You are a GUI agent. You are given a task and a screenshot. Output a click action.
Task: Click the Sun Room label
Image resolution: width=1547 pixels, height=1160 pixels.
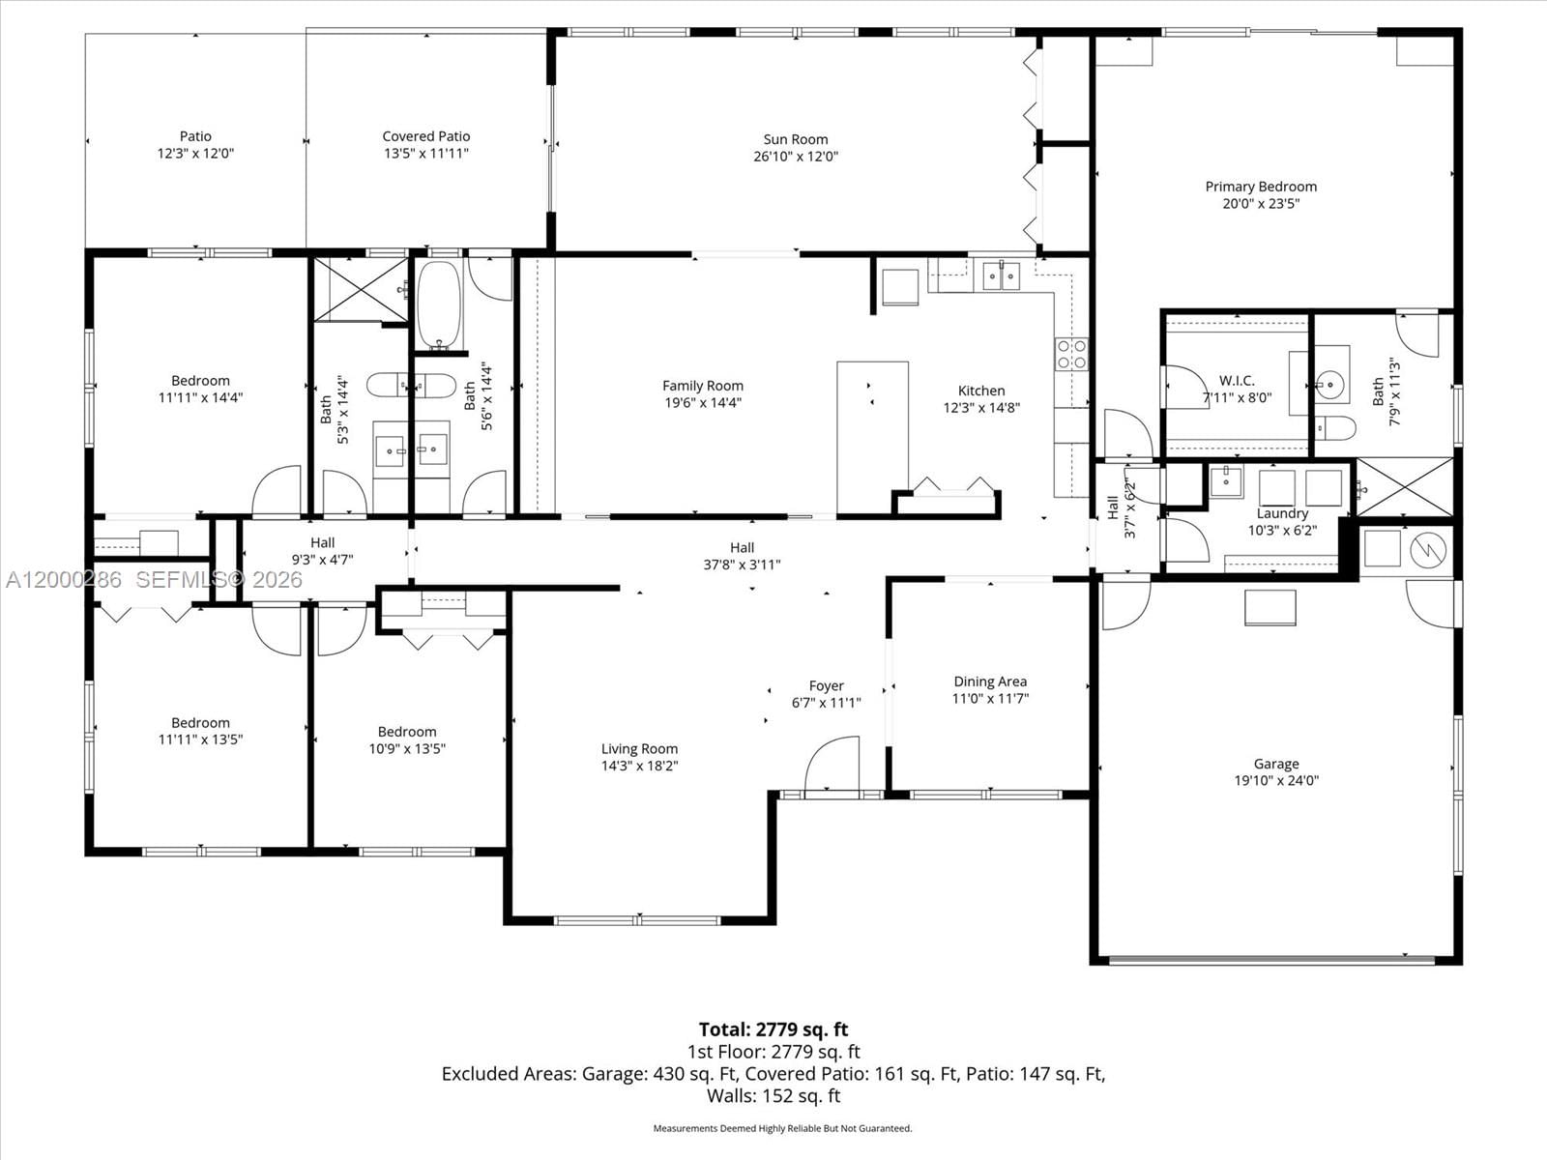click(x=795, y=139)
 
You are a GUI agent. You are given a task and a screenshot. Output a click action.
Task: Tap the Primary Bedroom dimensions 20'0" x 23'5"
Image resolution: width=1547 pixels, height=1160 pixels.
click(x=1261, y=204)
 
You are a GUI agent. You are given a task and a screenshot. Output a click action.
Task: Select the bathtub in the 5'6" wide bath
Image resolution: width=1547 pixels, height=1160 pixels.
click(x=440, y=304)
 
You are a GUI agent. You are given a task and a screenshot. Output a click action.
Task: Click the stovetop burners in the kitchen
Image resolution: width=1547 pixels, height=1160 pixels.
click(x=1070, y=354)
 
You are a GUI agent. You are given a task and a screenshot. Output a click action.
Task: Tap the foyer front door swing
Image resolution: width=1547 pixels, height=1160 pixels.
click(x=832, y=764)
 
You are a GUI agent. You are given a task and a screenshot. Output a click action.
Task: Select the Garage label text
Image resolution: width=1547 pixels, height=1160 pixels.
click(x=1276, y=764)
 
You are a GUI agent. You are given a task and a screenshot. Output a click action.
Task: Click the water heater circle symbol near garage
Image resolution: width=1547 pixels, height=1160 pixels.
click(x=1428, y=551)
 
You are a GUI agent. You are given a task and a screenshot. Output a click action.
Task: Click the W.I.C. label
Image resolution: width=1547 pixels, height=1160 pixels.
click(x=1237, y=381)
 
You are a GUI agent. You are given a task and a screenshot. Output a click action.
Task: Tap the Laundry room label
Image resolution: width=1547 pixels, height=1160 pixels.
click(x=1282, y=513)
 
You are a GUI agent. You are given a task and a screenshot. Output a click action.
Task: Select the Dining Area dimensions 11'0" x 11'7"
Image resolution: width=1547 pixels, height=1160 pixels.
click(x=990, y=698)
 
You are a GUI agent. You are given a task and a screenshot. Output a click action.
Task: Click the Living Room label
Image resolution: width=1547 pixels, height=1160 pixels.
click(x=639, y=748)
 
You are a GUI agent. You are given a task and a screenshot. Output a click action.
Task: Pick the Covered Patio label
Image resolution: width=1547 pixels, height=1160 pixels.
click(x=425, y=136)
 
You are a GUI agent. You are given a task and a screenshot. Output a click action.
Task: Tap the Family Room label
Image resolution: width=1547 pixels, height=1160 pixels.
click(x=703, y=386)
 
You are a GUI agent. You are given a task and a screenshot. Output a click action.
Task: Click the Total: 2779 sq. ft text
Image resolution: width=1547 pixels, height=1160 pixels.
click(x=773, y=1029)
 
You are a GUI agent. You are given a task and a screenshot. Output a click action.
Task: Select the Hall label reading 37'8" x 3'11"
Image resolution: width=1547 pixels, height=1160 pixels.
click(x=742, y=556)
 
